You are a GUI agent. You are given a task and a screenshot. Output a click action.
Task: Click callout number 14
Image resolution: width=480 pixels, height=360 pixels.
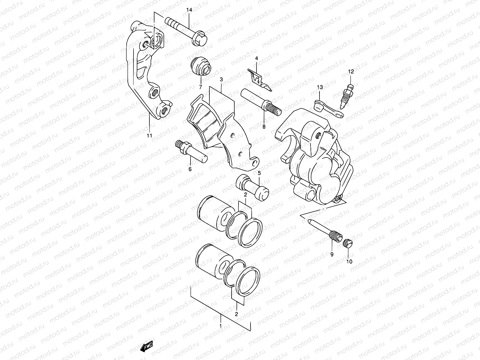point(189,10)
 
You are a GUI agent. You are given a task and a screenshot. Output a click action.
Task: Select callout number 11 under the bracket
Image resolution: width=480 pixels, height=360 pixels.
point(149,136)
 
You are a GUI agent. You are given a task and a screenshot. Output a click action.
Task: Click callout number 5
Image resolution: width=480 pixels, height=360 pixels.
point(259,173)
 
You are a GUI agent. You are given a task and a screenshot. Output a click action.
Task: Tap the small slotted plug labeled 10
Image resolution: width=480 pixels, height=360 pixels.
point(348,243)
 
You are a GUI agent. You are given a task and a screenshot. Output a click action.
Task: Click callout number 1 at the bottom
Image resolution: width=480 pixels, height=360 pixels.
point(221,326)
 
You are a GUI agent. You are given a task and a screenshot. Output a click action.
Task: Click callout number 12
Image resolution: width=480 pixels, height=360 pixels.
point(351,71)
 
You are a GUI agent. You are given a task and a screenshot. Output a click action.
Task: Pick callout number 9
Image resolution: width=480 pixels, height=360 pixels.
point(332,254)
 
